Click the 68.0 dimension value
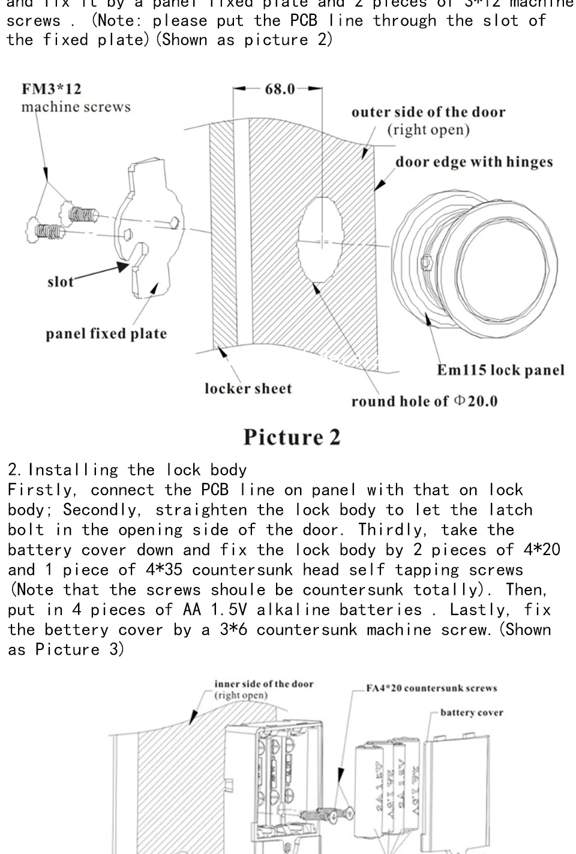[280, 89]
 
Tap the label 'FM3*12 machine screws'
[76, 98]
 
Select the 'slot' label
[60, 282]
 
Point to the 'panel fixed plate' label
[106, 334]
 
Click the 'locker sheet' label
[248, 389]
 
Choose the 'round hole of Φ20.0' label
[424, 401]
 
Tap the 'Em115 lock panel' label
[500, 370]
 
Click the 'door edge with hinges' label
[474, 162]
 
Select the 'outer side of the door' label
[428, 113]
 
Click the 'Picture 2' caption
[292, 437]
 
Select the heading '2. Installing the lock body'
[127, 470]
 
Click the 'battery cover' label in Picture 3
[472, 713]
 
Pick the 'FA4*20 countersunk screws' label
[431, 688]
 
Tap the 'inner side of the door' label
[264, 684]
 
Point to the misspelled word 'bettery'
[76, 630]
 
